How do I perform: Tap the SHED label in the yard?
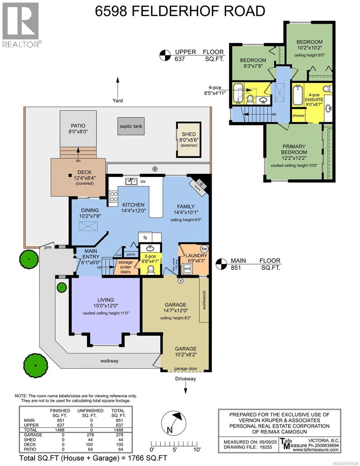click(189, 134)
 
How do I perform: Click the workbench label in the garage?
click(204, 299)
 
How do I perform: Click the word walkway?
click(109, 361)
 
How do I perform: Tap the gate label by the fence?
click(48, 247)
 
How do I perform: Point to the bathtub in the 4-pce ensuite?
click(298, 95)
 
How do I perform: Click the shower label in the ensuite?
click(299, 115)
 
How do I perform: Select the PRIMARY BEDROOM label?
click(294, 149)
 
